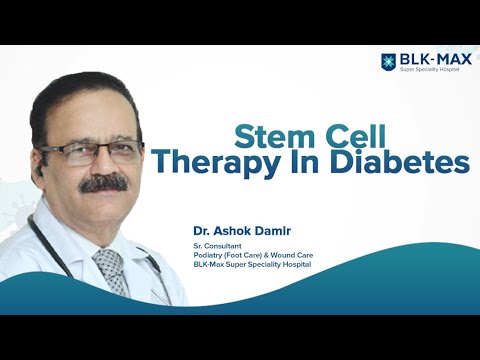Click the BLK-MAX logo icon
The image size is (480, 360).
389,62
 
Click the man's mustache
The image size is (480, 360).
103,181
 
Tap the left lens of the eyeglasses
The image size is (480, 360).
80,152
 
